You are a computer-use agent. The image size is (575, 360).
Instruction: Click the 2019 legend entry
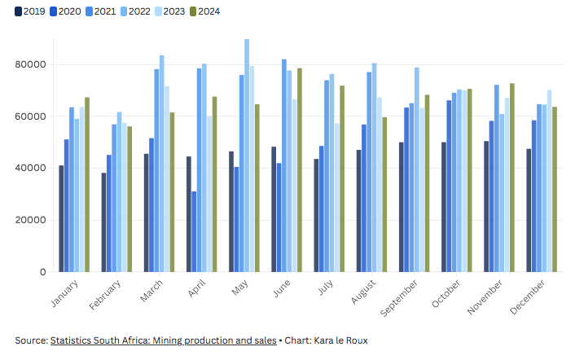[x=29, y=11]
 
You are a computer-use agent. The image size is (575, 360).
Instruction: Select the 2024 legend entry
[x=204, y=11]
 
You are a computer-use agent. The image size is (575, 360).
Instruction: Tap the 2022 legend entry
[x=134, y=11]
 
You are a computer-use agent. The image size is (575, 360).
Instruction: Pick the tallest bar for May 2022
[x=247, y=155]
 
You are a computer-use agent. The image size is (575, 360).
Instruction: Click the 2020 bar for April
[x=194, y=231]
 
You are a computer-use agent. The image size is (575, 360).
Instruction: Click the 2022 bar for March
[x=162, y=163]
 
